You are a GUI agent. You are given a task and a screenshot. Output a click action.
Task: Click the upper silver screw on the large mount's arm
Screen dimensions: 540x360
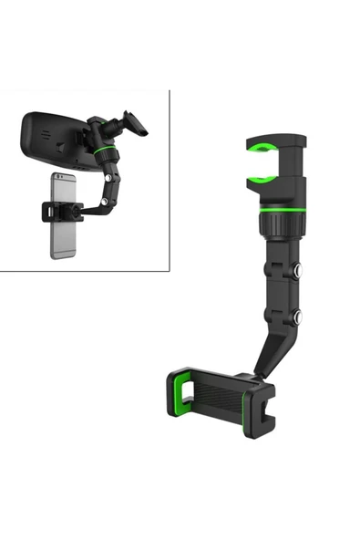coord(297,270)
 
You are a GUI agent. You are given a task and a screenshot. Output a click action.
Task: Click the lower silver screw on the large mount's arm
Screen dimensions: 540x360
coord(297,317)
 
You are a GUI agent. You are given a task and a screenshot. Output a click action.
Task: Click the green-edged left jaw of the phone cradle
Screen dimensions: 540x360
coord(179,392)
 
